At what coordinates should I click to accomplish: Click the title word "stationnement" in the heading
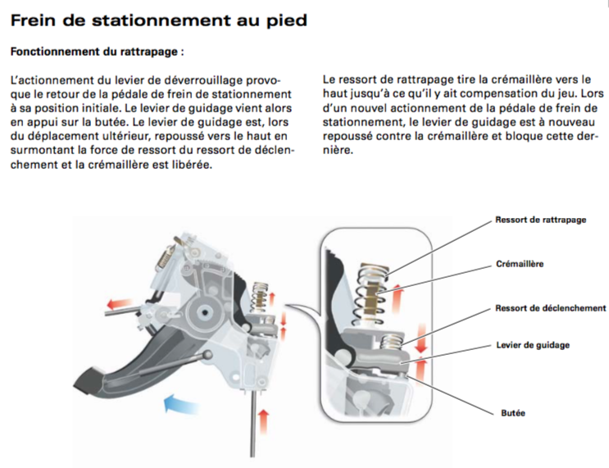161,20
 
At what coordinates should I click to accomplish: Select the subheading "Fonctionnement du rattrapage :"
97,52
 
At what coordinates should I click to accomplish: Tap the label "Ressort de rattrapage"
541,220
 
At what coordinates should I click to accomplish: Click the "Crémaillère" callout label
520,264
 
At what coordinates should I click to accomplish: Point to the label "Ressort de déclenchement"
550,308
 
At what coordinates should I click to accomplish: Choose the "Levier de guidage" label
533,345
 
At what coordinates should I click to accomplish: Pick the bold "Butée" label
513,413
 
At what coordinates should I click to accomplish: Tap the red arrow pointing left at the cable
120,303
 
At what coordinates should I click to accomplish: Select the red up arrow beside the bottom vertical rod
263,420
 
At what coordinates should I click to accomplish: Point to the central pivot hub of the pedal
204,311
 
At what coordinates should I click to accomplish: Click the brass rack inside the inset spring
372,298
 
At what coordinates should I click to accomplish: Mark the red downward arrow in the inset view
421,338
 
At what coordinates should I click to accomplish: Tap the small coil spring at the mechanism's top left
165,258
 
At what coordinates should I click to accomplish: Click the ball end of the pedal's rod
208,355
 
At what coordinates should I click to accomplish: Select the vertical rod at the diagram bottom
252,424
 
